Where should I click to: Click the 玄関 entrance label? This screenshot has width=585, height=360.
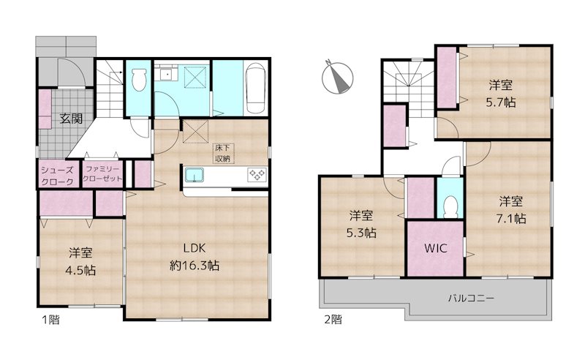[71, 119]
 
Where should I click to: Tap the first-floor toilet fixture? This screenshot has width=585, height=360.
[139, 79]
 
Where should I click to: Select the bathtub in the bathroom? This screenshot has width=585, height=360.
[256, 88]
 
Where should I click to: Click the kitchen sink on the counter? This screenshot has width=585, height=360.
[195, 175]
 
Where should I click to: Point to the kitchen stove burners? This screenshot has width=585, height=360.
[257, 174]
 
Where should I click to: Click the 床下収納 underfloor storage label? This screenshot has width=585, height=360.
[224, 153]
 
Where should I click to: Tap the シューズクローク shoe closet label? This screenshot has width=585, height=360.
[57, 176]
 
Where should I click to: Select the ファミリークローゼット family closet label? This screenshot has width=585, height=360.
[102, 174]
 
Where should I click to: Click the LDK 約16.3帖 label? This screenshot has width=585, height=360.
[194, 257]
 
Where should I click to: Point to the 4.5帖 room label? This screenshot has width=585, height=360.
[80, 261]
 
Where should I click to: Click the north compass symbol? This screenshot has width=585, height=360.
[337, 78]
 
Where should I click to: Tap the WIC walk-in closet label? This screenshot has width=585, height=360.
[436, 248]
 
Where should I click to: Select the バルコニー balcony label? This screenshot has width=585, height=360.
[471, 299]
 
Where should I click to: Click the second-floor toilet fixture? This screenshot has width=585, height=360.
[450, 206]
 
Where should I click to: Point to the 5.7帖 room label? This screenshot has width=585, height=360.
[501, 94]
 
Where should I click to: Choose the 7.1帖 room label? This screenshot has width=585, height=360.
[510, 209]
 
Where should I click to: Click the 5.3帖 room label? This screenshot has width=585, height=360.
[361, 224]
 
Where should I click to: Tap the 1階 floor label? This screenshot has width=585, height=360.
[50, 320]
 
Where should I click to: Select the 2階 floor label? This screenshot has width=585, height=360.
[333, 320]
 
